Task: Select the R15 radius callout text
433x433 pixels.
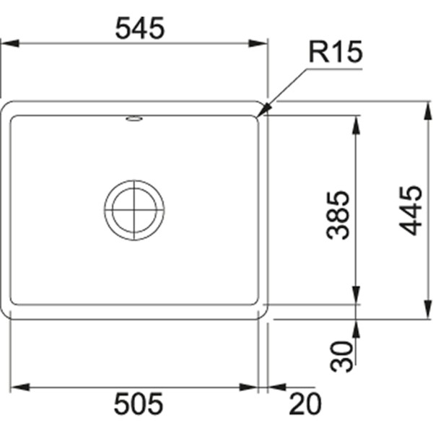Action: [334, 52]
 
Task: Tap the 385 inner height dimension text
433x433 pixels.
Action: [337, 214]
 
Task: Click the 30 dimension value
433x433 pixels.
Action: [346, 356]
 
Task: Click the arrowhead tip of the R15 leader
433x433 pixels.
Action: [260, 115]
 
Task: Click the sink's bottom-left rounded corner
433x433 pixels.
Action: [9, 312]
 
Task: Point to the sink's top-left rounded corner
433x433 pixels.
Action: [9, 108]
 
